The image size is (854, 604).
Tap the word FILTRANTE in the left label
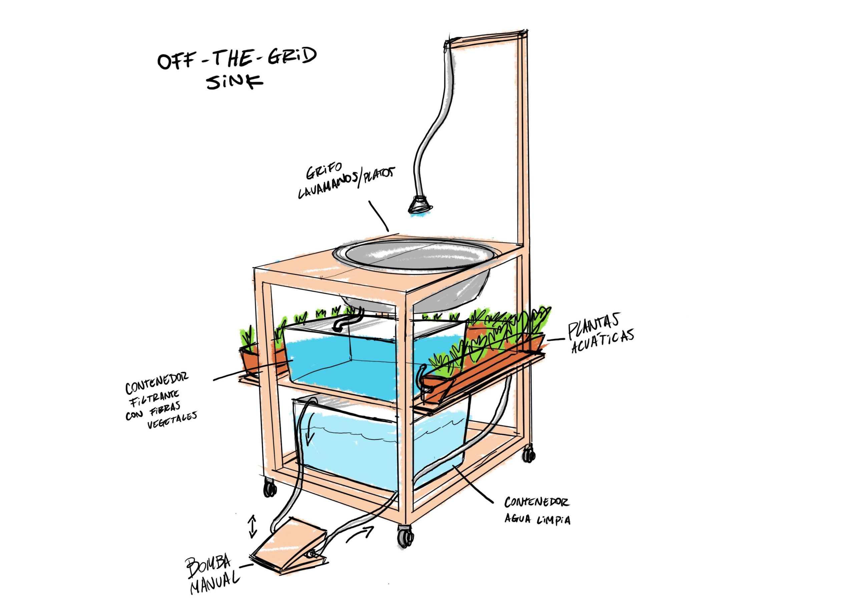pos(154,398)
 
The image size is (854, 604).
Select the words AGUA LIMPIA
pos(537,520)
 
